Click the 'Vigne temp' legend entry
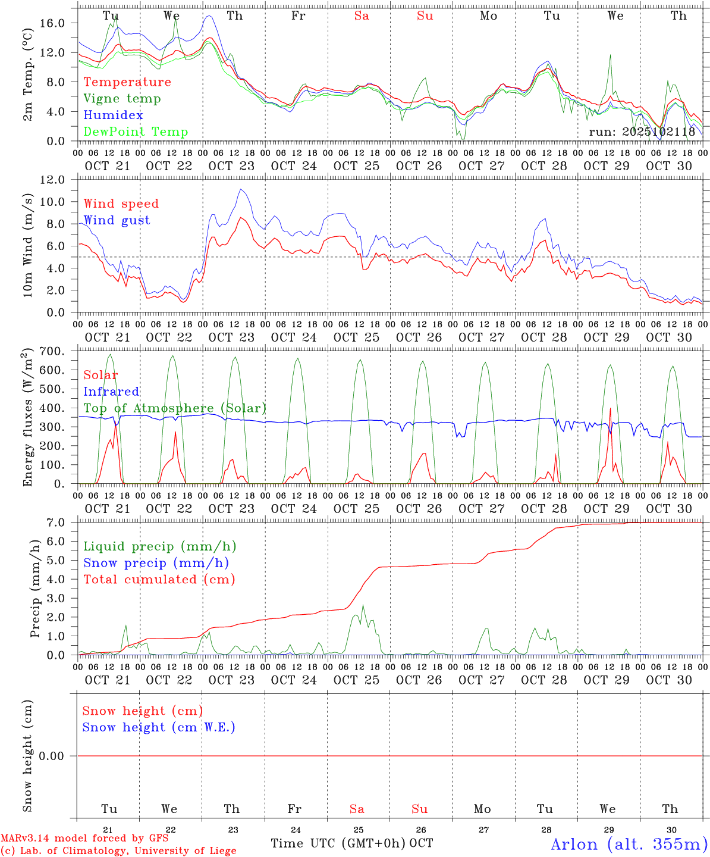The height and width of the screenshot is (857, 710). click(122, 99)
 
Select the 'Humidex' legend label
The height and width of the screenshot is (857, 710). click(113, 115)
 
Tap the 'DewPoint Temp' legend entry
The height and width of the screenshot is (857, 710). click(136, 132)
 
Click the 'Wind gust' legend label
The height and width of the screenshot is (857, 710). click(117, 220)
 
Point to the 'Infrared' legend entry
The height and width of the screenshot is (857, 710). click(111, 392)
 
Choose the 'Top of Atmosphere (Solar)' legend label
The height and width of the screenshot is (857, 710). click(175, 408)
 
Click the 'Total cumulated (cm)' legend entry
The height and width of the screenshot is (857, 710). click(159, 580)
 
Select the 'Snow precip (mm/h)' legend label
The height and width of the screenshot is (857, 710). click(156, 563)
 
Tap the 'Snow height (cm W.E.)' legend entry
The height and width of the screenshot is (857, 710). click(159, 727)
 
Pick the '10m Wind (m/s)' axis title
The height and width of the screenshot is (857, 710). click(27, 246)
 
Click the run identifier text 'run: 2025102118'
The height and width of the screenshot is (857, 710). click(642, 132)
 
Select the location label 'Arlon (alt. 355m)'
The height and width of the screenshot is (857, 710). click(629, 844)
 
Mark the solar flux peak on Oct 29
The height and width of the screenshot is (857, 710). click(610, 408)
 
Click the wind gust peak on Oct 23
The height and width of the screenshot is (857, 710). click(240, 189)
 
